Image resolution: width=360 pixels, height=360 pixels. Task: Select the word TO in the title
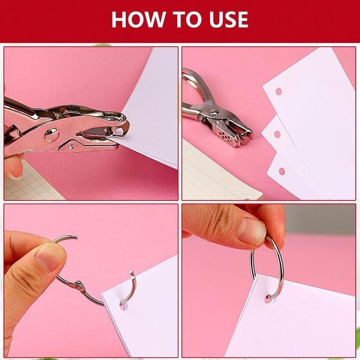(180, 19)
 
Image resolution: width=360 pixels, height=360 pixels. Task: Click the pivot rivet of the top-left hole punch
(51, 134)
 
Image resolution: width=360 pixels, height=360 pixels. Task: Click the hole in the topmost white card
(278, 91)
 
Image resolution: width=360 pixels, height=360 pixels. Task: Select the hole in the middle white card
(277, 134)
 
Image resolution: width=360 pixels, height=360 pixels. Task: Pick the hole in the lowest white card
(282, 171)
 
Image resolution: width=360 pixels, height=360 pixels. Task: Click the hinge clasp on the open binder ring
(78, 286)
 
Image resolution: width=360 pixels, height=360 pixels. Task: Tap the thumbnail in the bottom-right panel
(252, 231)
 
